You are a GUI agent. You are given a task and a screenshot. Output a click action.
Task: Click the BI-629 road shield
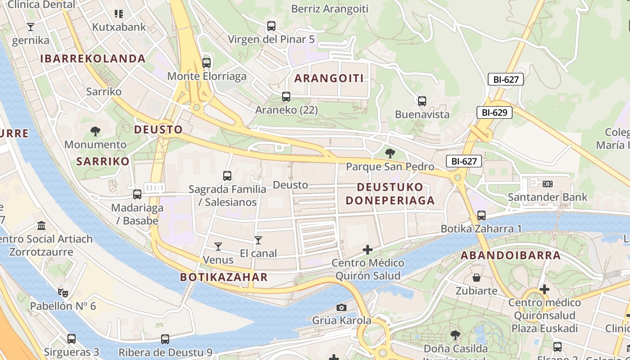pos(495,112)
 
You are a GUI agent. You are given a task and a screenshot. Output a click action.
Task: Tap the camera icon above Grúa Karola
pos(342,307)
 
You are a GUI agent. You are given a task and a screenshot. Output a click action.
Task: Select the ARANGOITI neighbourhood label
pos(329,78)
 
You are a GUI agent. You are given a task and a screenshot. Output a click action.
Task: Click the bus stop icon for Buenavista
pos(422,101)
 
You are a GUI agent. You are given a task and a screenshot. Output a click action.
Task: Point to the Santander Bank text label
pos(547,197)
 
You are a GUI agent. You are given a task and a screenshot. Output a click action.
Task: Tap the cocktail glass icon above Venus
pos(218,246)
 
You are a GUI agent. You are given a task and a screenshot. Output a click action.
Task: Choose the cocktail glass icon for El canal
pos(258,240)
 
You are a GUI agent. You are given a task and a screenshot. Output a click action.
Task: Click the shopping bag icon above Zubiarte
pos(476,278)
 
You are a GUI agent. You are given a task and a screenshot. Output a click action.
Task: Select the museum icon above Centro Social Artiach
pos(41,225)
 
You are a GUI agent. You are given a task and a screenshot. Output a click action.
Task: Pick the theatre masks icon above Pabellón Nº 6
pos(63,293)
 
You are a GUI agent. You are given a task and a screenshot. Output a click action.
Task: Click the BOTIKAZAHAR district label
pos(224,277)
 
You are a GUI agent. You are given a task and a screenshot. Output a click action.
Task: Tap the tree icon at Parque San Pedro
pos(390,153)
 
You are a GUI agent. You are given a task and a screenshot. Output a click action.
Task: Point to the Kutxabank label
pos(119,27)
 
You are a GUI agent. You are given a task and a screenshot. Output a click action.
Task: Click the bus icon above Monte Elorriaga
pos(207,63)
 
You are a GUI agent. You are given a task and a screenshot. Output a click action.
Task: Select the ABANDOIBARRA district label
pos(510,256)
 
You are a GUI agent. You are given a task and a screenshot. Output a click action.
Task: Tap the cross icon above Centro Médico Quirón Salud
pos(368,249)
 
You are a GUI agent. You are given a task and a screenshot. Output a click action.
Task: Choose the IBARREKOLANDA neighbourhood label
pos(93,58)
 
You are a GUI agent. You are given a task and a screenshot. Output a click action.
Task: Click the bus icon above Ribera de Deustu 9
pos(165,339)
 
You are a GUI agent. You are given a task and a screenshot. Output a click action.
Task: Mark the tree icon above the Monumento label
pos(95,131)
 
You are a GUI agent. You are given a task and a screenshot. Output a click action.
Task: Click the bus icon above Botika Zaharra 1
pos(481,216)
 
